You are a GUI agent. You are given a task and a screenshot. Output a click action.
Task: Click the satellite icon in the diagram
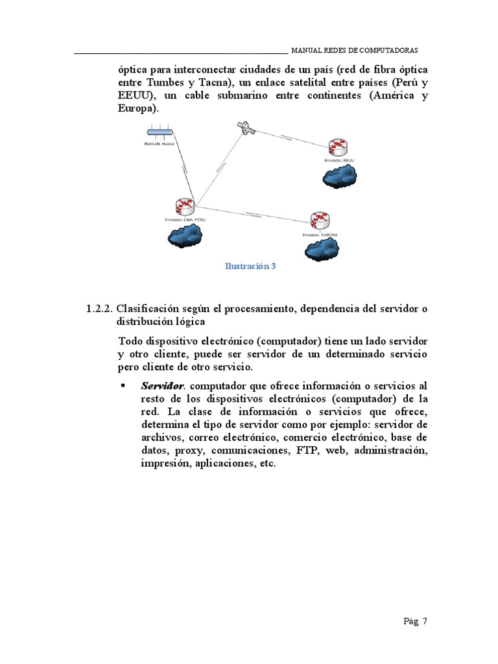pyautogui.click(x=246, y=128)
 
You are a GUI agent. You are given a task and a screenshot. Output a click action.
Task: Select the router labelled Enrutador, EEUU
pyautogui.click(x=337, y=147)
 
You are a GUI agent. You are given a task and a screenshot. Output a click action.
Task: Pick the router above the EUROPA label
pyautogui.click(x=318, y=220)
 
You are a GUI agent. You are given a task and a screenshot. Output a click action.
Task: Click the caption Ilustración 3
pyautogui.click(x=250, y=266)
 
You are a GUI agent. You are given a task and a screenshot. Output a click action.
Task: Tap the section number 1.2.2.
pyautogui.click(x=99, y=309)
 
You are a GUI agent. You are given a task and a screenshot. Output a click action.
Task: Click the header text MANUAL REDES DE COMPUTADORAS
pyautogui.click(x=355, y=51)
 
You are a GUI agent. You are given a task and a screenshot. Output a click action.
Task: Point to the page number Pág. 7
pyautogui.click(x=415, y=621)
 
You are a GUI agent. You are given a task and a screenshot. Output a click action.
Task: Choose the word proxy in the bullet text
pyautogui.click(x=191, y=451)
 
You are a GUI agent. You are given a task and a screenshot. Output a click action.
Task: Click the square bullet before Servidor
pyautogui.click(x=123, y=386)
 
